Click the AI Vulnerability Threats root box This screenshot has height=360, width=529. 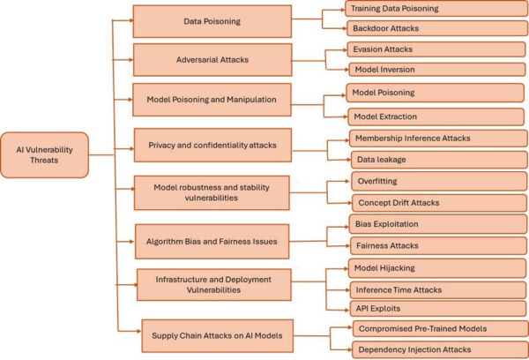tap(45, 155)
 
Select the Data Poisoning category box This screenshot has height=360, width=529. tap(212, 21)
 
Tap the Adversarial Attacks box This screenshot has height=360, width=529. tap(212, 59)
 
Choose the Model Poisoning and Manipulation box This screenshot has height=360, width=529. tap(212, 101)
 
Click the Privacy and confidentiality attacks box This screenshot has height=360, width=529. tap(212, 145)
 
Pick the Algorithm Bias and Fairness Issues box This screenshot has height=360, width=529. tap(212, 239)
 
